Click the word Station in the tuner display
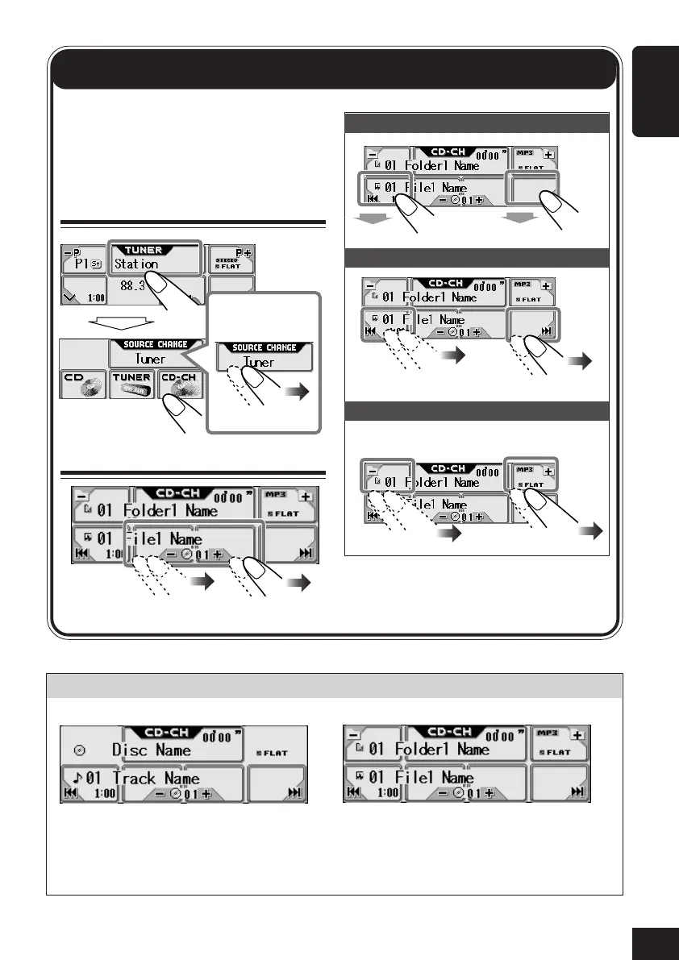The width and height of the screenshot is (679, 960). (136, 264)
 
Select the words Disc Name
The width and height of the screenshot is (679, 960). (152, 750)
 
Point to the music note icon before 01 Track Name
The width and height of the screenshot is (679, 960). (77, 779)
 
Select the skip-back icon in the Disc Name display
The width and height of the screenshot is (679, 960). (72, 793)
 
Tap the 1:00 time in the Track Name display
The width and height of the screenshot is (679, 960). (104, 793)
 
